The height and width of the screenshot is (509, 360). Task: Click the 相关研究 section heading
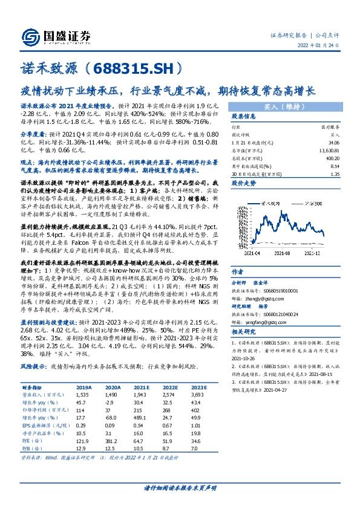[244, 332]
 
